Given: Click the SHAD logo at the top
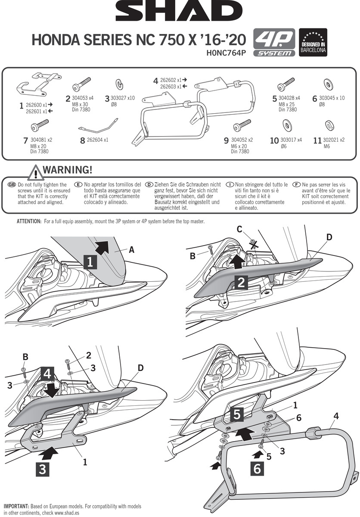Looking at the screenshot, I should click(180, 13).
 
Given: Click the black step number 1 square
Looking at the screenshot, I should click(90, 261).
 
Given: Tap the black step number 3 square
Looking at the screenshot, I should click(42, 469).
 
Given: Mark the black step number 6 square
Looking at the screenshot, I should click(257, 468).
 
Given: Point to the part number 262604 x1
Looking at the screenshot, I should click(97, 140).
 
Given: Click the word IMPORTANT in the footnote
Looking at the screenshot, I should click(16, 506).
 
